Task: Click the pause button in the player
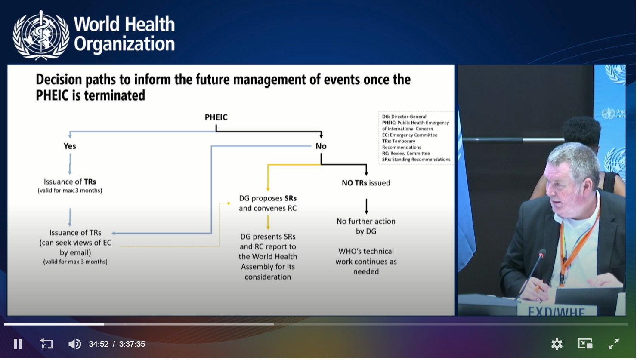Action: click(x=18, y=344)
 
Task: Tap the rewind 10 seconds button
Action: click(x=46, y=344)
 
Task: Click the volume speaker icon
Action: click(x=75, y=344)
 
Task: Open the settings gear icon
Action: click(x=557, y=344)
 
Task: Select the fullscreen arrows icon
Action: click(x=614, y=344)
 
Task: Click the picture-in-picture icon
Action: click(x=585, y=344)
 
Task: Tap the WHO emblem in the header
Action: click(x=41, y=35)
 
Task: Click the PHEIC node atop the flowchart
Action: click(x=216, y=117)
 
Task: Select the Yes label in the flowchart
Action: click(x=70, y=146)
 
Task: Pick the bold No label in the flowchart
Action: click(x=321, y=146)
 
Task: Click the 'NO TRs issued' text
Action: click(x=366, y=183)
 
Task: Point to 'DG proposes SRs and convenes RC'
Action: click(x=268, y=203)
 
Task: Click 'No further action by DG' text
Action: click(x=366, y=226)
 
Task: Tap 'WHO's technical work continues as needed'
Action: click(x=366, y=262)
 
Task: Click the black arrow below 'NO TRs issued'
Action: click(x=366, y=206)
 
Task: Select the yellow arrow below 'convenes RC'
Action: click(x=268, y=222)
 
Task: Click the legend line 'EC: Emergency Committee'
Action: click(x=410, y=135)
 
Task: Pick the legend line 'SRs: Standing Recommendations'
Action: click(x=416, y=160)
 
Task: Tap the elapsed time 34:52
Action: click(x=99, y=344)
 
